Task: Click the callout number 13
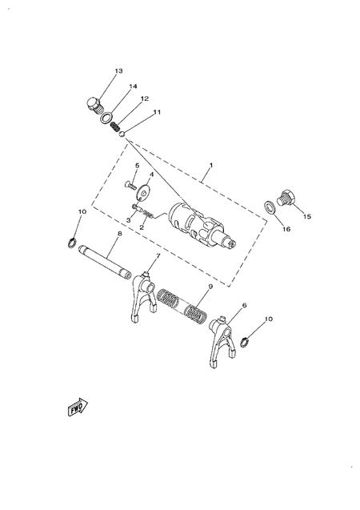(x=118, y=71)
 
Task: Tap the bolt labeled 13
(x=94, y=105)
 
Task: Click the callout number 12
(x=145, y=100)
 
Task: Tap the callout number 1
(x=210, y=167)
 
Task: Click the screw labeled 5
(x=131, y=185)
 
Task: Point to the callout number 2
(x=142, y=227)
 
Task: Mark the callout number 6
(x=244, y=305)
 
